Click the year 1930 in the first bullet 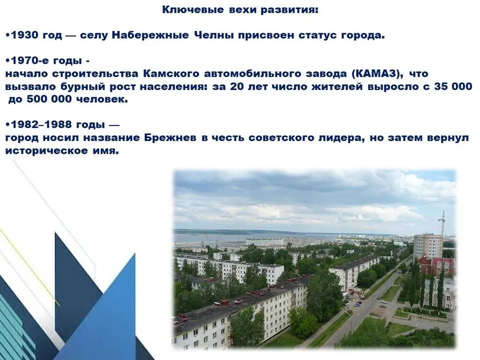click(23, 36)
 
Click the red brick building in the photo click(436, 265)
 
